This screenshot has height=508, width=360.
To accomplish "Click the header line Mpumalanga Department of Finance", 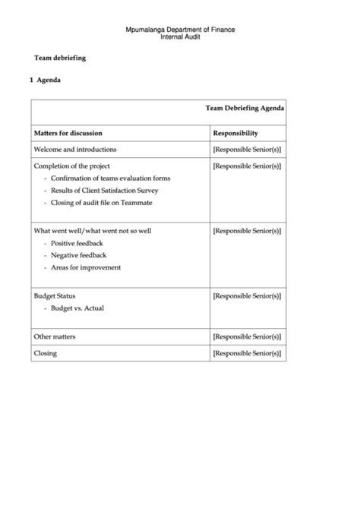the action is click(180, 29).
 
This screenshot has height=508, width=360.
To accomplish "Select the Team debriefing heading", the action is click(60, 58).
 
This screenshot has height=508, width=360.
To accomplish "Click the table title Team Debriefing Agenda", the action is click(245, 109).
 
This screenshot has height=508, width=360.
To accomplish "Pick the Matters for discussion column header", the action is click(68, 132).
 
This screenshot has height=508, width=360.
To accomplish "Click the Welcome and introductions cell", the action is click(75, 150).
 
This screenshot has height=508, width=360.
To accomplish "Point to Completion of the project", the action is click(72, 166).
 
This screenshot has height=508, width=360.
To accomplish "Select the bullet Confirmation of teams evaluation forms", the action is click(111, 178).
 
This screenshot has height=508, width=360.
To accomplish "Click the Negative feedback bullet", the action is click(79, 255).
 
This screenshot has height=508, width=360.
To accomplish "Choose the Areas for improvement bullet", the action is click(86, 267).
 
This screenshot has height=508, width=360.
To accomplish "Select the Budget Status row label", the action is click(55, 295).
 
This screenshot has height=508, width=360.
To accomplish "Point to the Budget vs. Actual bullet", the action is click(77, 308).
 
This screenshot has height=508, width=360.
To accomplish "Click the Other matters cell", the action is click(55, 336).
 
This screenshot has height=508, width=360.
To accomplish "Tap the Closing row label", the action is click(46, 353).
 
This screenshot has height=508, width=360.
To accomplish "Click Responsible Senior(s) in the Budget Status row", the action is click(247, 295).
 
